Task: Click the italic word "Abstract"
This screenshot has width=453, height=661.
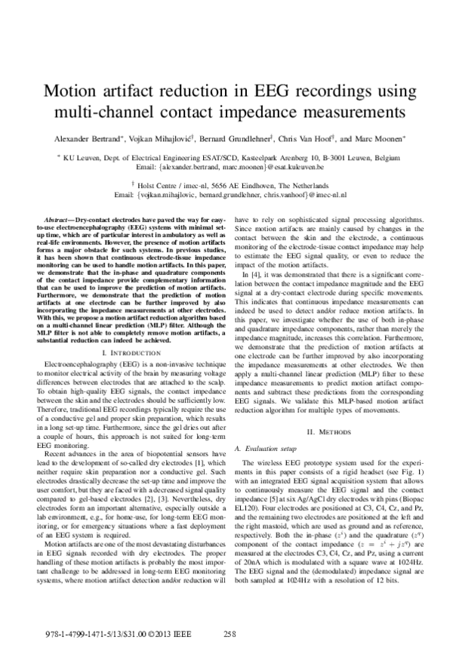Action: point(59,218)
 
